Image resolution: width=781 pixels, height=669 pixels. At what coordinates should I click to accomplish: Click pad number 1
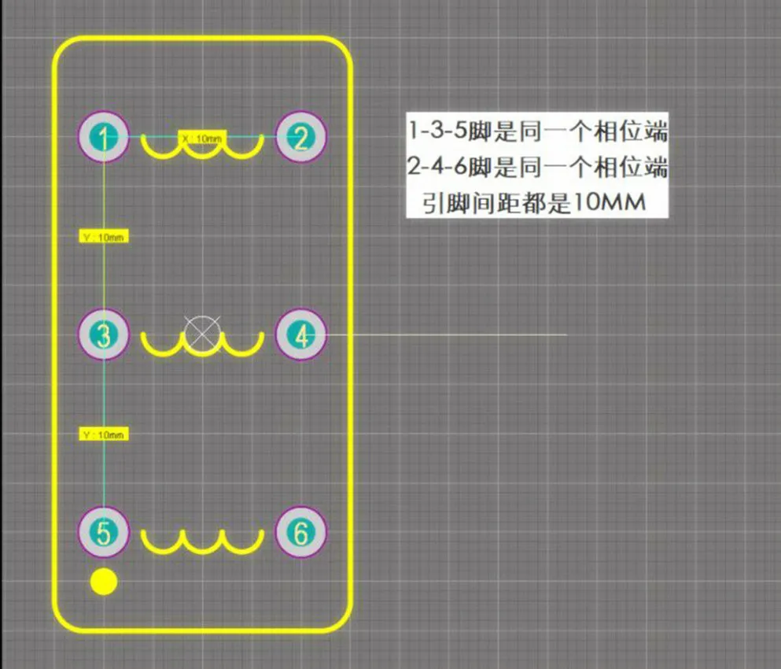[x=103, y=137]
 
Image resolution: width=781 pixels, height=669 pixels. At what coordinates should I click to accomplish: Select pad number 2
[x=300, y=137]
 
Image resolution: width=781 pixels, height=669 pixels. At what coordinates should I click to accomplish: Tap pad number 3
[x=103, y=335]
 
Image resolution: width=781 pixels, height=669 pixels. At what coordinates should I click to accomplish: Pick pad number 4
[x=300, y=335]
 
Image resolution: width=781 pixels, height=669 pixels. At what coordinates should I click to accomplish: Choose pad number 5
[x=103, y=533]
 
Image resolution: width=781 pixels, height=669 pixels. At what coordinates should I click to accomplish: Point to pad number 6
[x=300, y=533]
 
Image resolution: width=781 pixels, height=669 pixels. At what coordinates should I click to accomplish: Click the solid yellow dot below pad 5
[x=103, y=582]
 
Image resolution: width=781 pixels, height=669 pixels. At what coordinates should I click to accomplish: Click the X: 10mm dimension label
[x=202, y=138]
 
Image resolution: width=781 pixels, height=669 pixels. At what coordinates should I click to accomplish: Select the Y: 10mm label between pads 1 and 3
[x=104, y=236]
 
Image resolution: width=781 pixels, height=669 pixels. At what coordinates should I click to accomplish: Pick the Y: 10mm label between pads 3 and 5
[x=104, y=434]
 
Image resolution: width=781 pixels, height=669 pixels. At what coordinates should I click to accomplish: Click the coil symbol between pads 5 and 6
[x=202, y=541]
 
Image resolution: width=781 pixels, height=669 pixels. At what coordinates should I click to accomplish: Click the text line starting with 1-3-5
[x=538, y=131]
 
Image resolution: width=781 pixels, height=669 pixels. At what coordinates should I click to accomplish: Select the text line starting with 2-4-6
[x=538, y=167]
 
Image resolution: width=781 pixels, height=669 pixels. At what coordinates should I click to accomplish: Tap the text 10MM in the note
[x=610, y=203]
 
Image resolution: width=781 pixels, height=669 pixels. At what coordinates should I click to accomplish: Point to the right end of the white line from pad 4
[x=565, y=335]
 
